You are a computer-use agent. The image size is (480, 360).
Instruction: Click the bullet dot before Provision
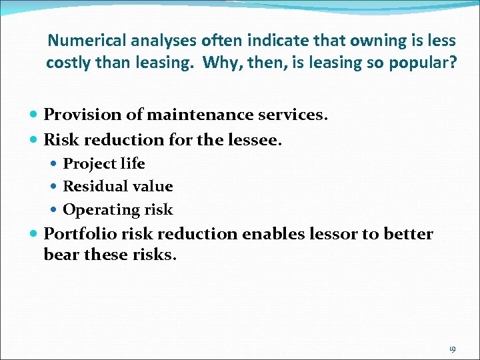35,115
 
